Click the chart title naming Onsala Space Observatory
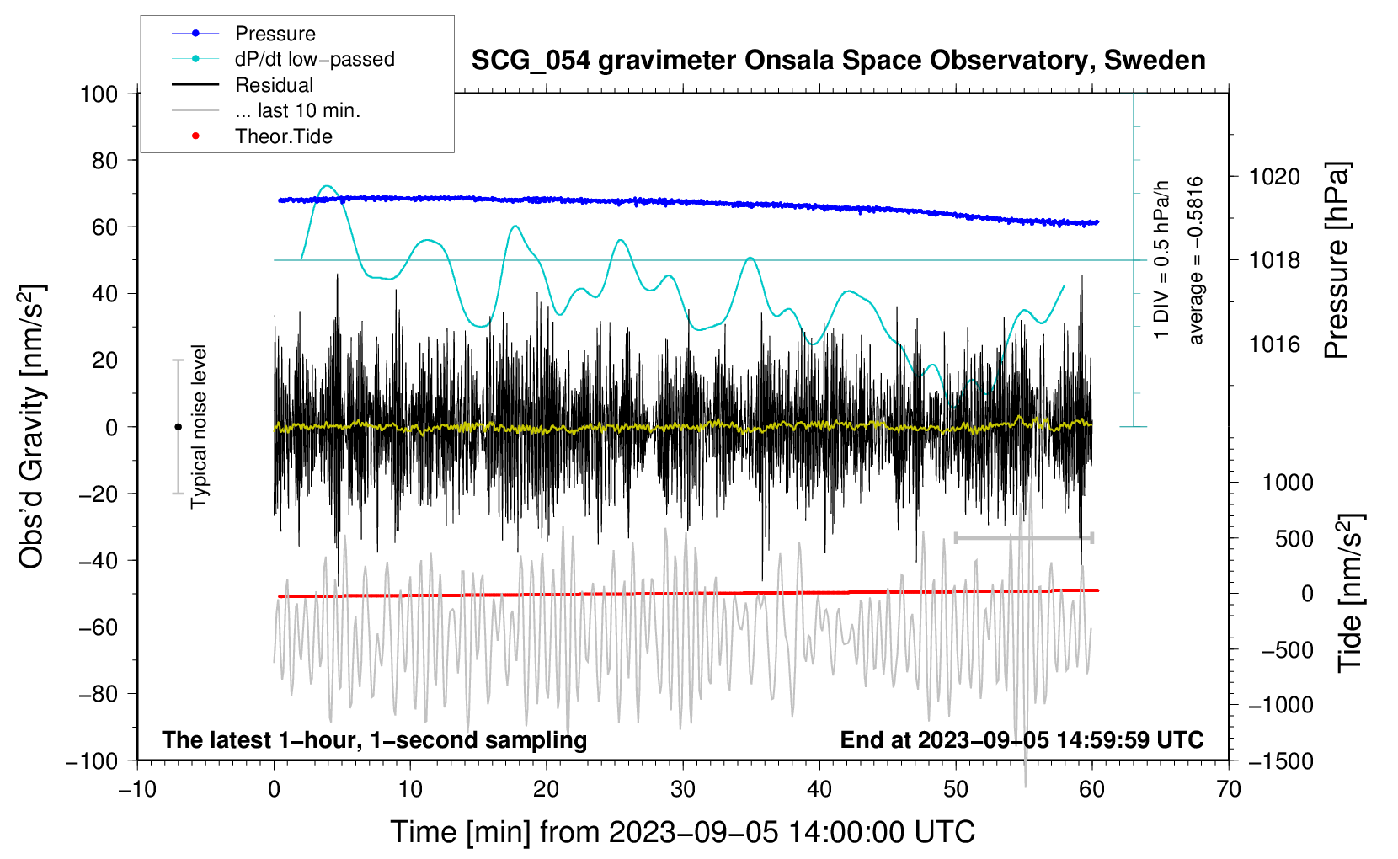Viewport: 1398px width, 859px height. tap(838, 61)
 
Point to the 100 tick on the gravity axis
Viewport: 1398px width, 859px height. tap(99, 93)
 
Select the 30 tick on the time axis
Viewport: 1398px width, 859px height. tap(683, 789)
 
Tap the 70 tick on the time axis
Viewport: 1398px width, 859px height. tap(1229, 789)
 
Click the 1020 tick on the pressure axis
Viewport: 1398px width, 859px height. tap(1274, 177)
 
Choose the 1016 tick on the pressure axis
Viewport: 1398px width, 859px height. tap(1274, 344)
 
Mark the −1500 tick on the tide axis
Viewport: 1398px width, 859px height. tap(1280, 760)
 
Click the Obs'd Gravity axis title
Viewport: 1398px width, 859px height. tap(32, 426)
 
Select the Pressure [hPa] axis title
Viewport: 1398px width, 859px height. tap(1337, 260)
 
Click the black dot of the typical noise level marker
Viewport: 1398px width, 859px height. tap(178, 427)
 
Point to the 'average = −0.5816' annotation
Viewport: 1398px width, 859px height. tap(1196, 260)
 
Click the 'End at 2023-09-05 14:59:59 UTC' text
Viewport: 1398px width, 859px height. tap(1022, 739)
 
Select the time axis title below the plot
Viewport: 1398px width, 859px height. tap(682, 832)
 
